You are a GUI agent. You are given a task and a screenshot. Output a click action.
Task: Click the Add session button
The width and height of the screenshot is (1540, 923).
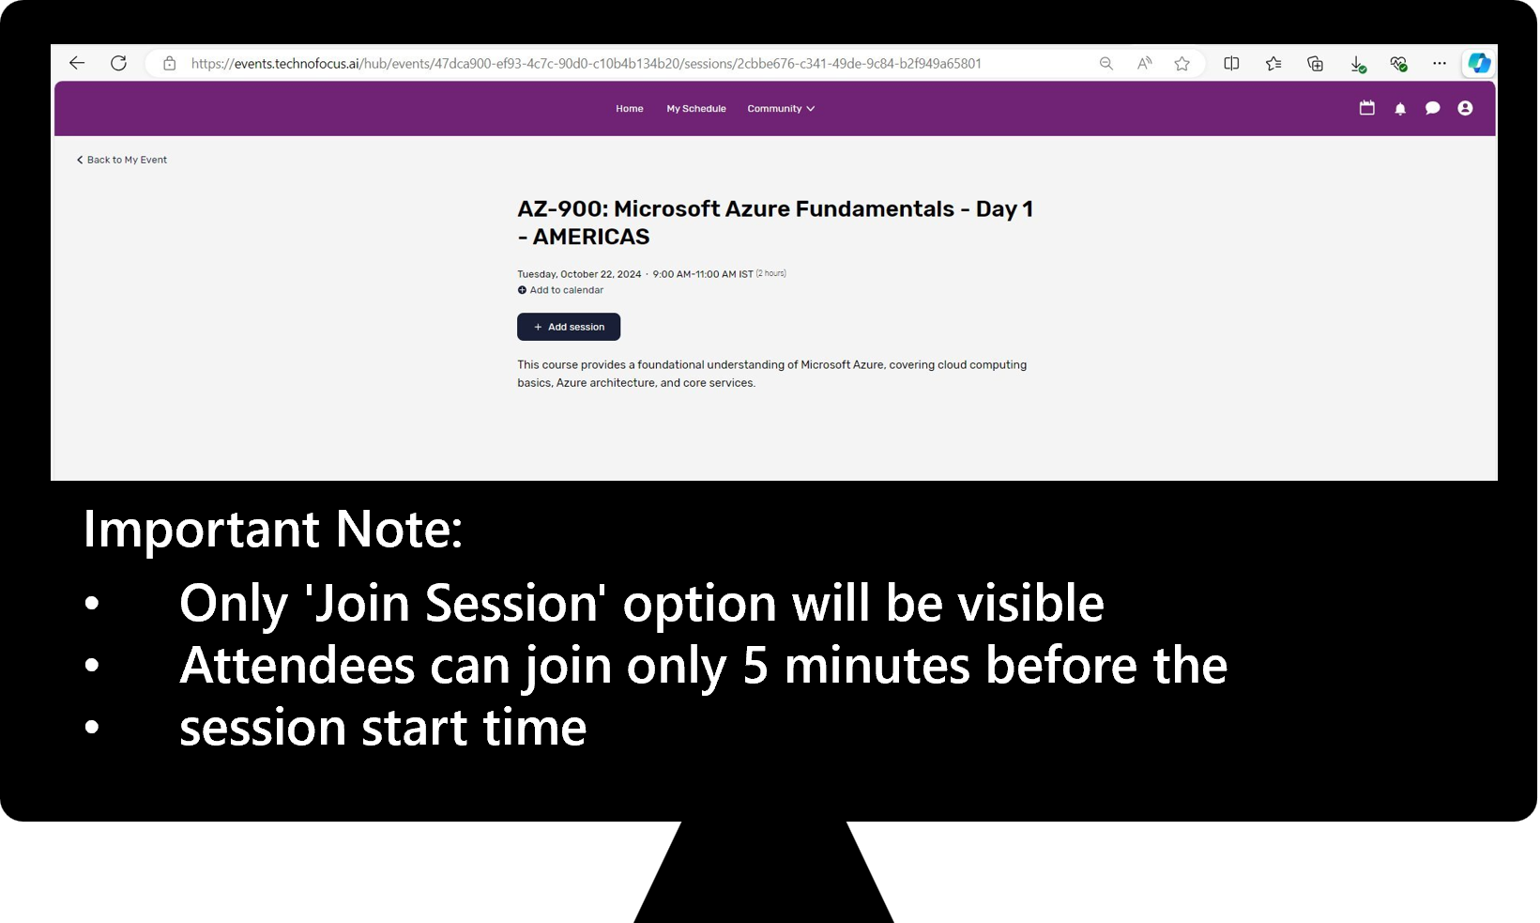click(x=569, y=327)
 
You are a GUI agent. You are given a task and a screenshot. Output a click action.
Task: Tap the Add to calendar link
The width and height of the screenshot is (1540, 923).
click(x=560, y=290)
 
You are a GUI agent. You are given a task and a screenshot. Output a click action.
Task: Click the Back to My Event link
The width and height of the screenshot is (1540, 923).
click(x=122, y=160)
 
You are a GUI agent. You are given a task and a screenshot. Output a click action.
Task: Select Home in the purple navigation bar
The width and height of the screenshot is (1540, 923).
click(x=629, y=109)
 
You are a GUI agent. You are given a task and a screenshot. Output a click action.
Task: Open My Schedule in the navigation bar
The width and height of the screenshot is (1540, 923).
click(x=695, y=109)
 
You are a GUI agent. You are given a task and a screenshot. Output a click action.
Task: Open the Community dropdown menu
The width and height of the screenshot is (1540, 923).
click(x=781, y=109)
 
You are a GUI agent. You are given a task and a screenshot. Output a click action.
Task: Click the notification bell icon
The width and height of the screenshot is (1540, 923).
click(x=1400, y=109)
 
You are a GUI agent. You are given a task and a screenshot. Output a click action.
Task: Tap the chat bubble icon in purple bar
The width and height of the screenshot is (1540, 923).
click(x=1433, y=108)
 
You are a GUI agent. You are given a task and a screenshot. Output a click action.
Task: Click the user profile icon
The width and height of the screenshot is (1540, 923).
click(x=1465, y=108)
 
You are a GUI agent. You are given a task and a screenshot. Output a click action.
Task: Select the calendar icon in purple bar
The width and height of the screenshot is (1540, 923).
click(x=1366, y=108)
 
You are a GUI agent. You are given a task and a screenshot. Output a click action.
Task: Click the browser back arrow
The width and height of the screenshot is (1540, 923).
click(x=77, y=63)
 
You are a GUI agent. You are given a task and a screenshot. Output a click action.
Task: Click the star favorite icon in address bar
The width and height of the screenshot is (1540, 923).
click(x=1182, y=64)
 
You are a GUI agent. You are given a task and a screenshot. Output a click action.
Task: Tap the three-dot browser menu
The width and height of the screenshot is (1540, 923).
click(x=1439, y=63)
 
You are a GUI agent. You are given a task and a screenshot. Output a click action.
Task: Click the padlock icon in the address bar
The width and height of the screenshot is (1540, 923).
click(x=169, y=63)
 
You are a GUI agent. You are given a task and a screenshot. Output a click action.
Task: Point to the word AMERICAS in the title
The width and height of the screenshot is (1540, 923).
click(x=591, y=237)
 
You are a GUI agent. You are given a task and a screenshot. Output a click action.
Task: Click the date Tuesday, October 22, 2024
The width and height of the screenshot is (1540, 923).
click(x=579, y=274)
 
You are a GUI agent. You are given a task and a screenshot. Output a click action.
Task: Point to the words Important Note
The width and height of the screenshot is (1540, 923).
click(x=273, y=529)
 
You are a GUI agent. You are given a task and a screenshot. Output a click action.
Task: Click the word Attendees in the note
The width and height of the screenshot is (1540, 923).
click(x=297, y=665)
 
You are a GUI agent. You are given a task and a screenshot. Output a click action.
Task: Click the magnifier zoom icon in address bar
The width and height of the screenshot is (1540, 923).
click(x=1105, y=64)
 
